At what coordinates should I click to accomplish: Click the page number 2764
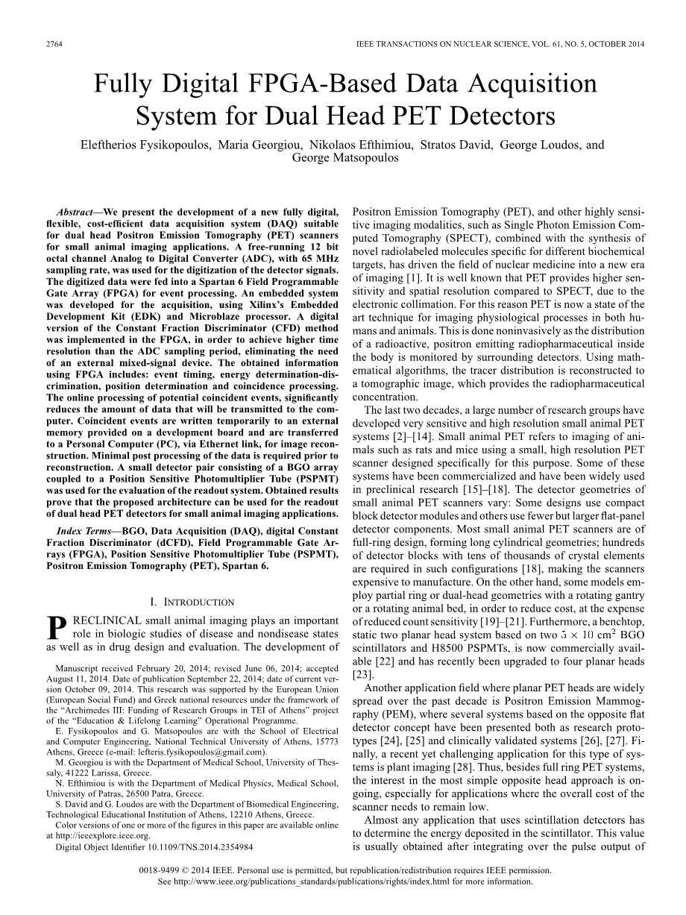[x=54, y=45]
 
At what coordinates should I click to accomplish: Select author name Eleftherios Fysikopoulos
[x=146, y=145]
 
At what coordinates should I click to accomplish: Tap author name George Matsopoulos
[x=345, y=157]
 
